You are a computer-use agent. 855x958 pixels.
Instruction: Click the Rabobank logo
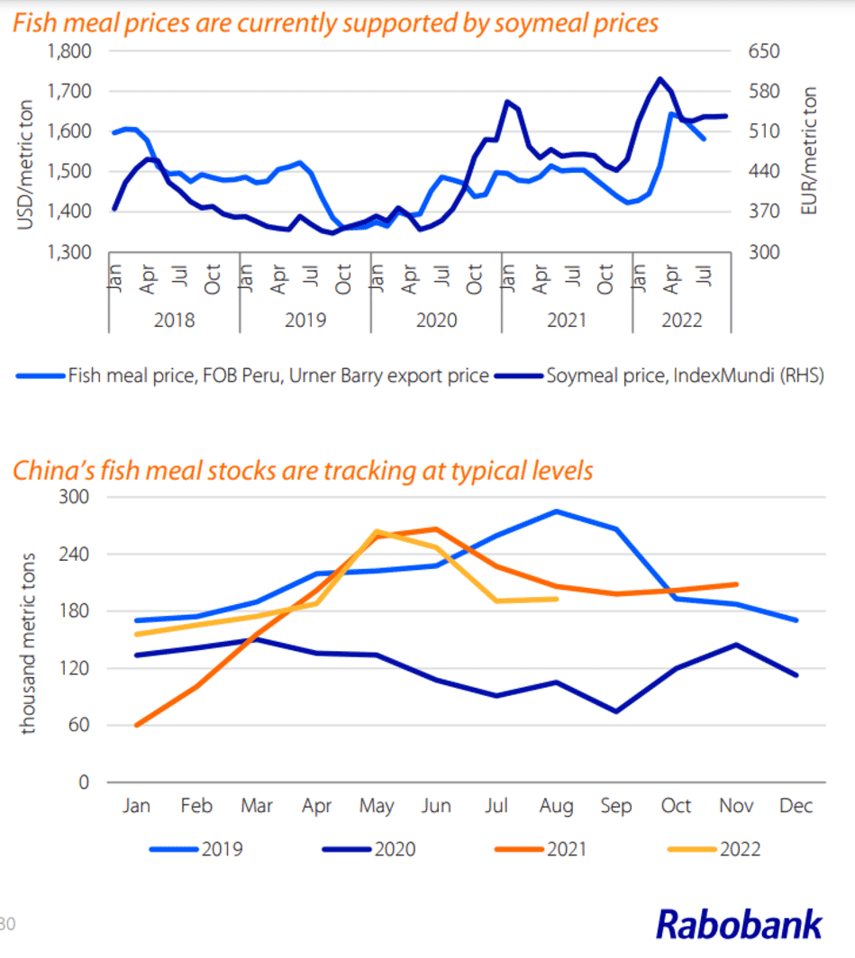[738, 924]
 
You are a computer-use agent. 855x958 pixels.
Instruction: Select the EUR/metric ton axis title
[809, 151]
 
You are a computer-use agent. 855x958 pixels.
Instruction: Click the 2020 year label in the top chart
[436, 321]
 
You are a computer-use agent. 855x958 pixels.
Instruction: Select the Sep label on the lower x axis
[616, 806]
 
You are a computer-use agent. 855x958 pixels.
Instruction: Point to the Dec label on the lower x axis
[796, 806]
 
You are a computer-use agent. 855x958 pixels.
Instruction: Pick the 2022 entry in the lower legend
[740, 848]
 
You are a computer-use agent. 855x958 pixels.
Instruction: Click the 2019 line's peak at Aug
[557, 511]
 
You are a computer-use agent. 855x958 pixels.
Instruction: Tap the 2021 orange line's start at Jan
[137, 725]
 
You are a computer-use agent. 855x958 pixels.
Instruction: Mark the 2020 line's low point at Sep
[616, 711]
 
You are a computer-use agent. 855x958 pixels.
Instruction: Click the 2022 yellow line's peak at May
[377, 531]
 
